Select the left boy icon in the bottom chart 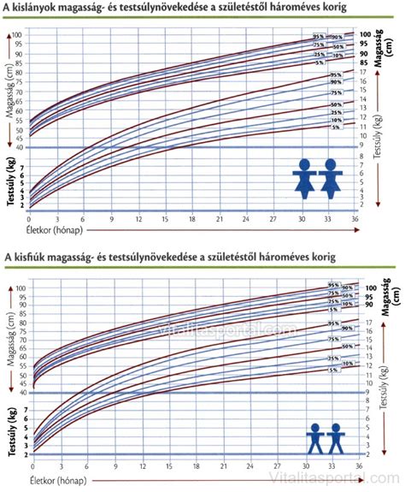[x=316, y=437]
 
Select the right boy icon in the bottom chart [x=335, y=437]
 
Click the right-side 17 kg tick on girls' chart [x=362, y=73]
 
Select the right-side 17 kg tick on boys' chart [x=362, y=323]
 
